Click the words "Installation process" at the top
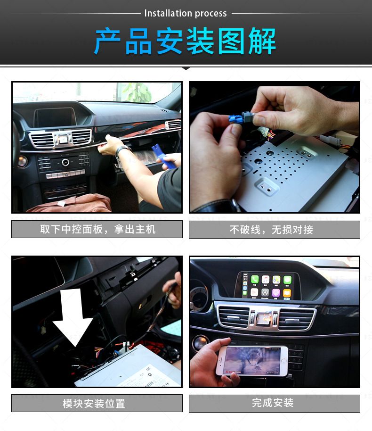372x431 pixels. coord(186,13)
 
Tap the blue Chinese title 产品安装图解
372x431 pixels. coord(185,41)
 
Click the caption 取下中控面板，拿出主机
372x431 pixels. coord(98,229)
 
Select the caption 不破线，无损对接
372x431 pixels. coord(271,230)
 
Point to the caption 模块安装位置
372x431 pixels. coord(94,404)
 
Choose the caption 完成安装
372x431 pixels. coord(273,403)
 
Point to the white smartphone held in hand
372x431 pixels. coord(252,361)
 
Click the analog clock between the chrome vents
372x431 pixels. coord(64,139)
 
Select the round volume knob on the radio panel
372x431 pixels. coord(65,162)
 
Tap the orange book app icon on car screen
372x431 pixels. coord(287,293)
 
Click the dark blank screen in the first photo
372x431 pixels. coord(55,117)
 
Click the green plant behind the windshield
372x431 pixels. coord(137,92)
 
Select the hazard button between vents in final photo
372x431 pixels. coord(264,319)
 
